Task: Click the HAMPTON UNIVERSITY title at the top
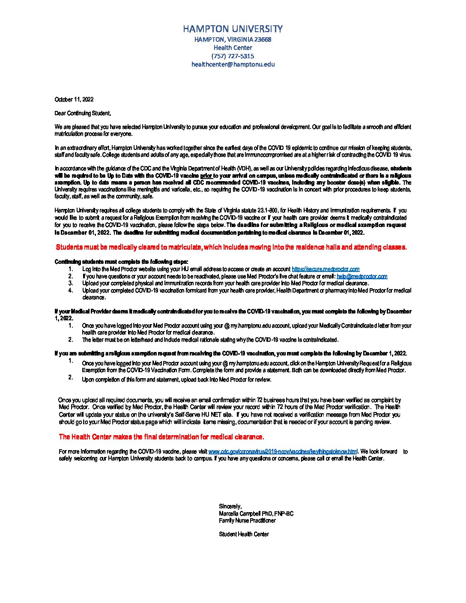(233, 29)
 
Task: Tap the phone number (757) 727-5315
(233, 56)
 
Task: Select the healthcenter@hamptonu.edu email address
(233, 64)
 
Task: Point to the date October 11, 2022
(74, 99)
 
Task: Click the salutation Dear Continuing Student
(83, 113)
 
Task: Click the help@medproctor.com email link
(362, 276)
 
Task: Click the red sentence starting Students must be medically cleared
(231, 247)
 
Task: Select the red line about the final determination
(161, 437)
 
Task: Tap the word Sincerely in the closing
(230, 507)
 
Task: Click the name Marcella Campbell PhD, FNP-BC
(256, 513)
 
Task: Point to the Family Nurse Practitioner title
(247, 521)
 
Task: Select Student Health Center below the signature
(244, 534)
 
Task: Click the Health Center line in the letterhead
(233, 48)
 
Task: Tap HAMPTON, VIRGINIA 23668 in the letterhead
(233, 39)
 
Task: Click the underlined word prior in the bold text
(206, 176)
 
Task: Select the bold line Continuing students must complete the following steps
(121, 262)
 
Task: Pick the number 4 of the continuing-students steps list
(71, 290)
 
